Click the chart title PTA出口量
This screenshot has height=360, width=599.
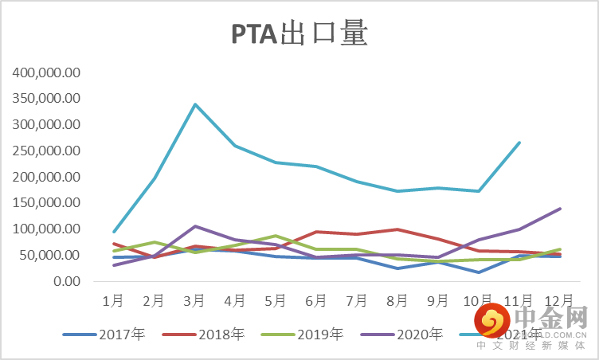[299, 34]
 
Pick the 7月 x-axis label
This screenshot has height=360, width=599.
[357, 301]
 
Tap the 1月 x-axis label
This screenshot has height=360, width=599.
[113, 301]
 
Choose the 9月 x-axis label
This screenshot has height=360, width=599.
[438, 301]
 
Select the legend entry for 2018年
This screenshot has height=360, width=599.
[221, 335]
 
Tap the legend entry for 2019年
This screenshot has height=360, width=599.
[319, 335]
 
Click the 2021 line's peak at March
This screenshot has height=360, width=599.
[194, 104]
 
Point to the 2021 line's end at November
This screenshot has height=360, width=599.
[519, 143]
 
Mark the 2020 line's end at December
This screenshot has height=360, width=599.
[560, 209]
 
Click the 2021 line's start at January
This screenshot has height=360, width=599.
[114, 232]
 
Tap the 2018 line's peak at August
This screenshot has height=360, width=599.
[397, 229]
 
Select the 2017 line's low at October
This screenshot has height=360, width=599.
[479, 272]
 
